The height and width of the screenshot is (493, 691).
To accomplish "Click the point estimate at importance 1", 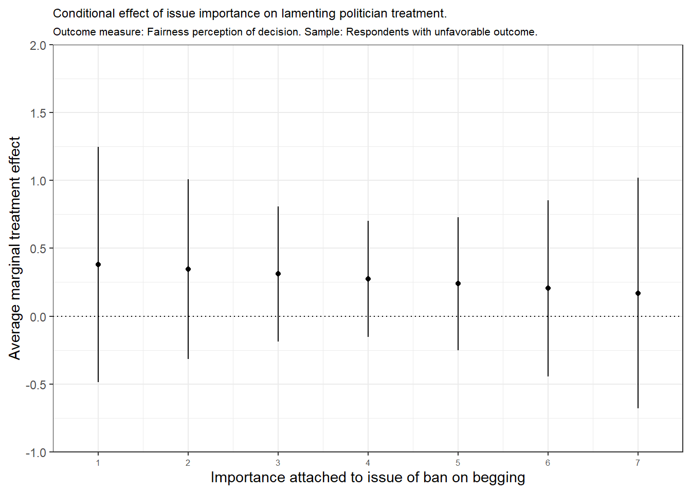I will pos(98,264).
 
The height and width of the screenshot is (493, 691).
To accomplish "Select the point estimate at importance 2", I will pos(188,269).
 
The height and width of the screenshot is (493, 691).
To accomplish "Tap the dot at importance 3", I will pos(278,274).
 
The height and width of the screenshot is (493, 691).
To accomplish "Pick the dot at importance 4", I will pos(368,279).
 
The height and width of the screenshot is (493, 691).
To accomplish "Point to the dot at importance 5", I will pos(458,283).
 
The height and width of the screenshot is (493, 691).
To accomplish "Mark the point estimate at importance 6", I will pos(548,288).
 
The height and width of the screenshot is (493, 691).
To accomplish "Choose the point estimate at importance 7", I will pos(638,293).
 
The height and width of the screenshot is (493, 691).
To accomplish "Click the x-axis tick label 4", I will pos(368,463).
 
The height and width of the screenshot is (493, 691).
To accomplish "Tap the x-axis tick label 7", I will pos(638,463).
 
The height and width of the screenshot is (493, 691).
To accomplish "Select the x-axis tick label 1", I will pos(98,463).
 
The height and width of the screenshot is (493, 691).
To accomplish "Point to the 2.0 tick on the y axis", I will pos(38,46).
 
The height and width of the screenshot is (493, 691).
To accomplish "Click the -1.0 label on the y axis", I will pos(36,452).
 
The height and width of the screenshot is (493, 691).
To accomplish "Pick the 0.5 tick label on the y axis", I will pos(38,249).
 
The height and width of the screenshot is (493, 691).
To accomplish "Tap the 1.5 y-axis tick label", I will pos(38,113).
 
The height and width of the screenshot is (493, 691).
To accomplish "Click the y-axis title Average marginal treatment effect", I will pos(14,248).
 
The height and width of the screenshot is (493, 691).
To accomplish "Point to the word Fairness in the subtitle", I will pos(167,32).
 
